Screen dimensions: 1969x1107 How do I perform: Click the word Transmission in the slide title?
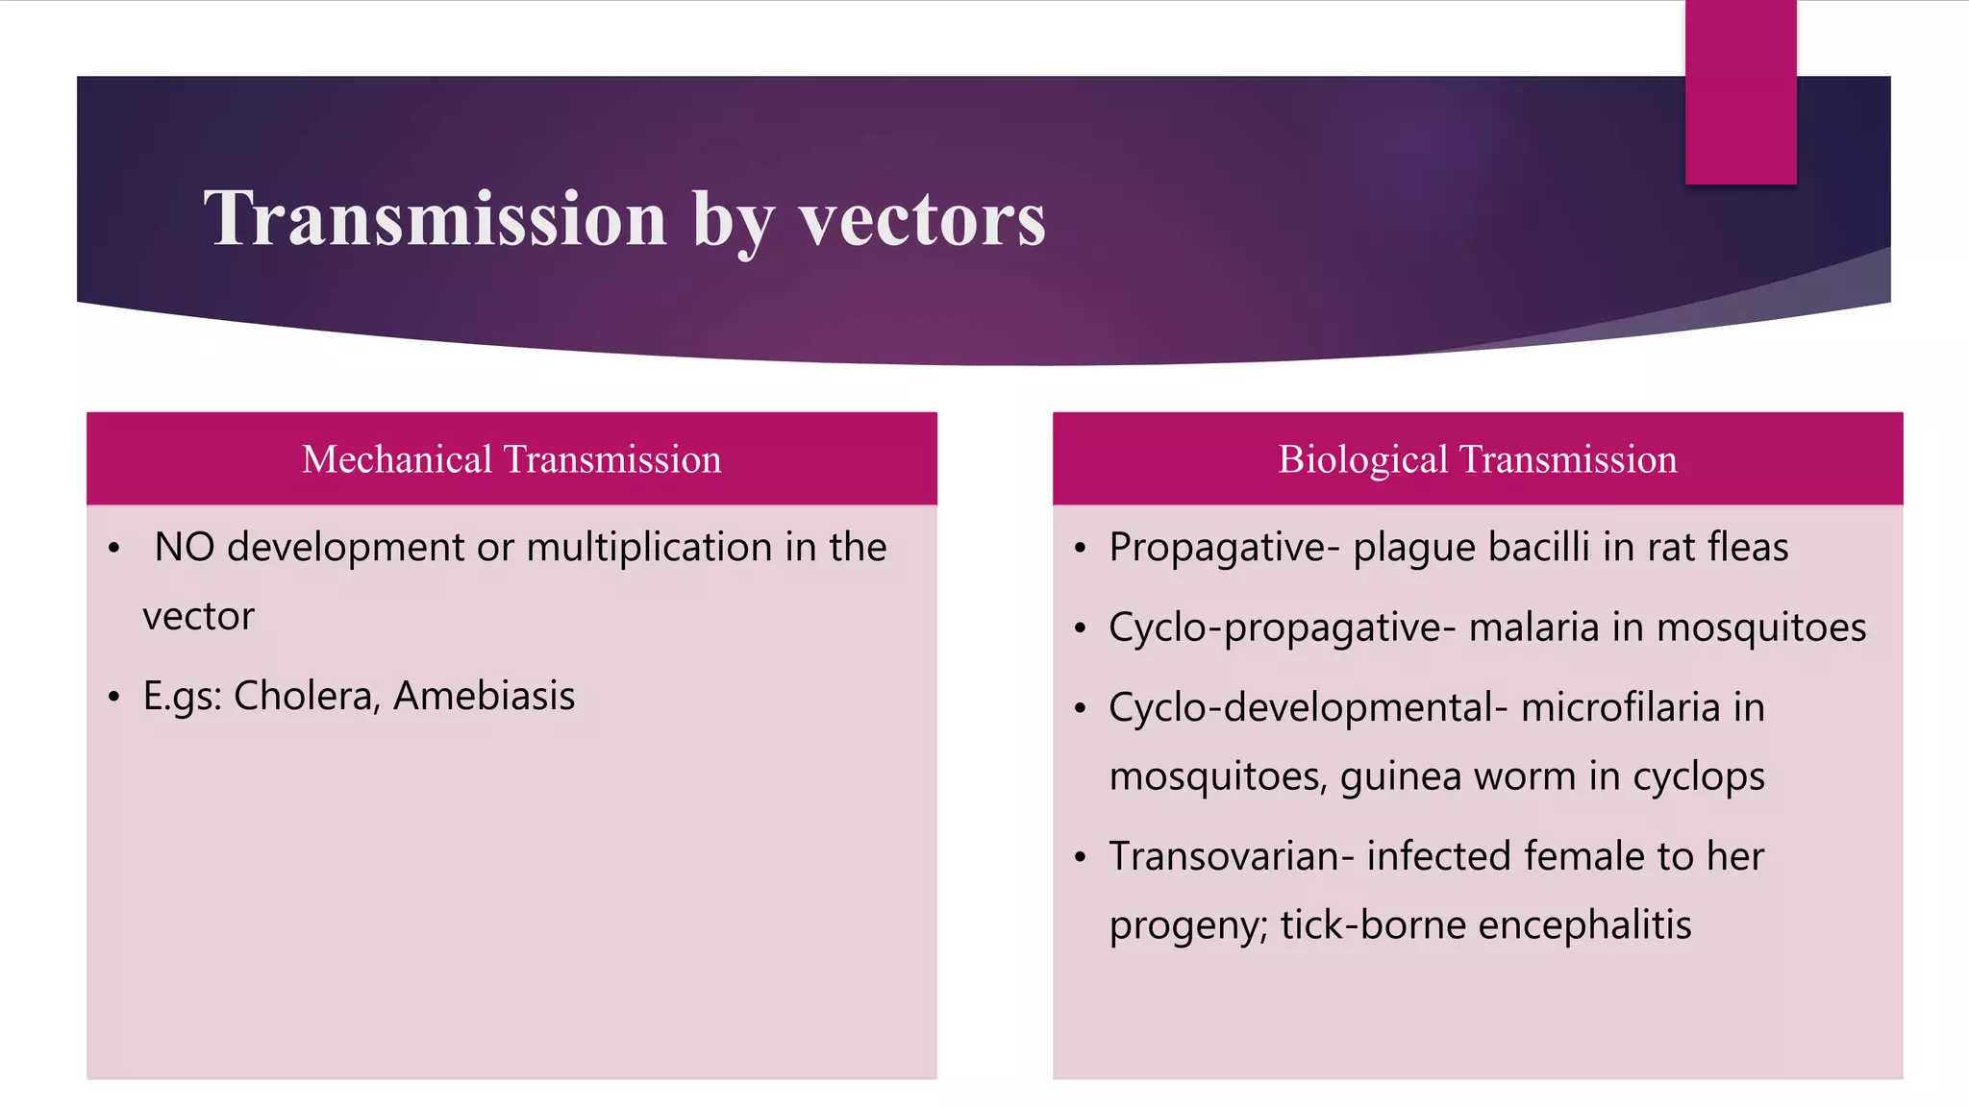(x=435, y=219)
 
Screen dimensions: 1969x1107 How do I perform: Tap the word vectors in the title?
(x=923, y=219)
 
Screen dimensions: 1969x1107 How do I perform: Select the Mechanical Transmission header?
(x=511, y=459)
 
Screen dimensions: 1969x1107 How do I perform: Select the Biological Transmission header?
(x=1478, y=459)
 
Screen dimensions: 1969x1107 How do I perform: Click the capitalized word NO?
(x=185, y=548)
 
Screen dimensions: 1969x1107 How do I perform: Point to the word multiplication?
(x=650, y=548)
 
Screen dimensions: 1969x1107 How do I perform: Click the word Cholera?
(x=306, y=696)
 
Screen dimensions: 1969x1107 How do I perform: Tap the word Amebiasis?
(x=485, y=696)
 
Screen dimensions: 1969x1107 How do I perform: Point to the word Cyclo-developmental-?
(x=1308, y=708)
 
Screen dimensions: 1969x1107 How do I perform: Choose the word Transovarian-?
(x=1231, y=856)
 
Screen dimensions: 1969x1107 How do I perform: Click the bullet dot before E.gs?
(x=114, y=697)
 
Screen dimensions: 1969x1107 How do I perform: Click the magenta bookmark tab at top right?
(x=1740, y=91)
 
